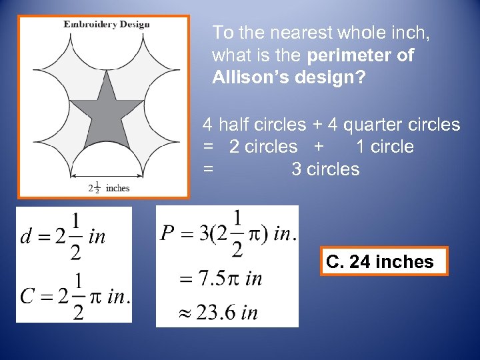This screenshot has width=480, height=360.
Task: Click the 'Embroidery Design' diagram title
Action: [x=107, y=25]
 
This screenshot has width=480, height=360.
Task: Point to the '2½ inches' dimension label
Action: [x=108, y=187]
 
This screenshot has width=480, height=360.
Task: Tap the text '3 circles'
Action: [x=325, y=169]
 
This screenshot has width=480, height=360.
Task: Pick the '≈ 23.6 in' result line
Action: [x=218, y=312]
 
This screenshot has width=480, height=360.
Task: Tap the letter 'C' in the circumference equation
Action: [x=28, y=295]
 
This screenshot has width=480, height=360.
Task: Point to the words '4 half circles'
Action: [x=254, y=125]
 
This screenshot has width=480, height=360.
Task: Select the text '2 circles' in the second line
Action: [x=263, y=147]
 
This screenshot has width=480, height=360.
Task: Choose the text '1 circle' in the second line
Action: [x=385, y=147]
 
